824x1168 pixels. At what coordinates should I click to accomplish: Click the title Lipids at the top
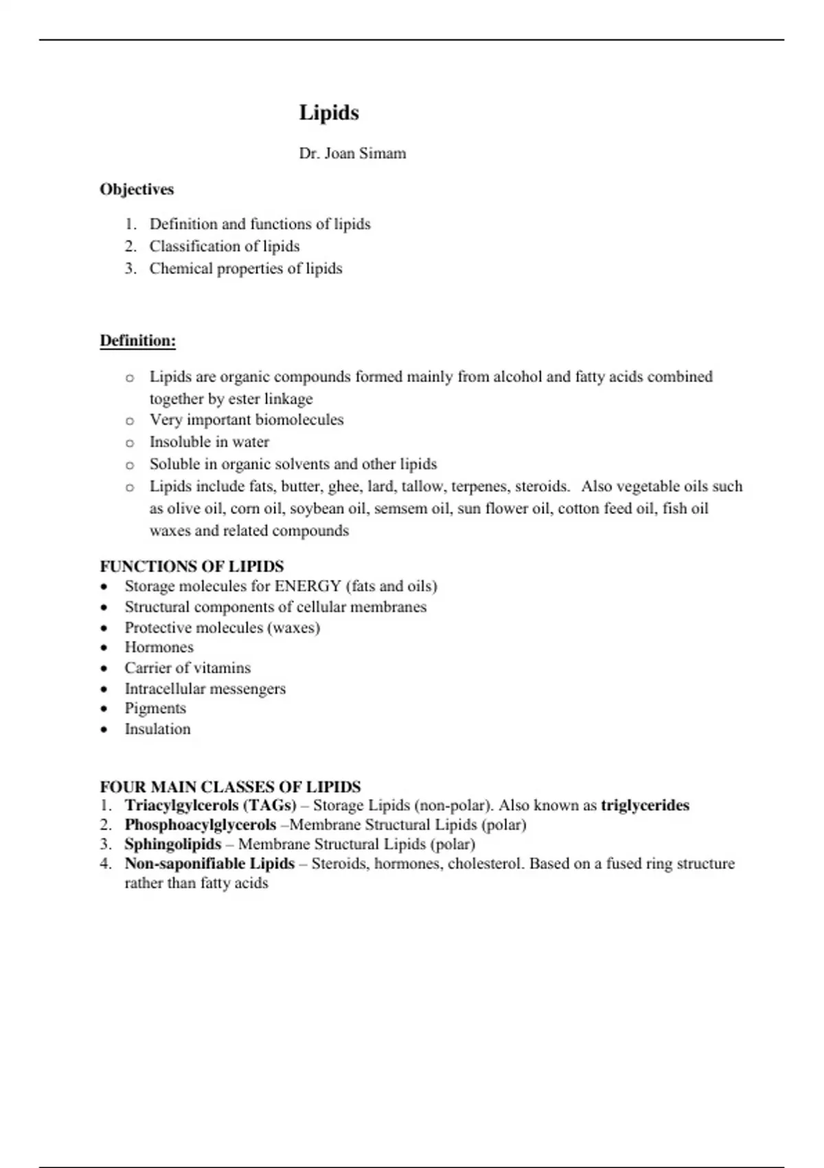(x=329, y=113)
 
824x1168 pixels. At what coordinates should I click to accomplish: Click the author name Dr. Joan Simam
(x=352, y=153)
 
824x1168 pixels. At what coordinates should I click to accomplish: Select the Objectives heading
(x=137, y=189)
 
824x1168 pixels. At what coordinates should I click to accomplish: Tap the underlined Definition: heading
(x=138, y=340)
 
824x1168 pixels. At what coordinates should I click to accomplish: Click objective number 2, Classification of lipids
(x=225, y=246)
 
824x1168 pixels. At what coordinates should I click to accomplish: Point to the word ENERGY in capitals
(x=308, y=586)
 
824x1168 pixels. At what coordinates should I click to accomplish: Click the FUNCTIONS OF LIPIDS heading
(x=192, y=566)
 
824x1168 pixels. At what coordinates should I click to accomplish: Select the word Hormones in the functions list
(x=159, y=647)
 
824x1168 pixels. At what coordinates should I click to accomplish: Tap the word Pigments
(x=155, y=708)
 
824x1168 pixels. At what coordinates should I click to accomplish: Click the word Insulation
(x=157, y=729)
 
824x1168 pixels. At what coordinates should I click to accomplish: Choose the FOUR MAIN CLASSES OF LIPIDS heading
(x=230, y=787)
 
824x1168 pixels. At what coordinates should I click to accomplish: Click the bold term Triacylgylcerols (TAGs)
(x=210, y=805)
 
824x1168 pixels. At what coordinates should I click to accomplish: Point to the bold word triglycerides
(x=645, y=805)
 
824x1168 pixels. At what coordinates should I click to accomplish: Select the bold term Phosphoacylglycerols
(x=201, y=824)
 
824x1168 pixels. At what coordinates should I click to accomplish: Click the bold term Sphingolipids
(x=173, y=844)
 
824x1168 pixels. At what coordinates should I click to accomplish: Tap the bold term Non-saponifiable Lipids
(x=209, y=864)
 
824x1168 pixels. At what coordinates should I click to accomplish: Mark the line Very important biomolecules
(x=247, y=420)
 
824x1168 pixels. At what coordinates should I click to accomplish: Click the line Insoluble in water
(x=209, y=442)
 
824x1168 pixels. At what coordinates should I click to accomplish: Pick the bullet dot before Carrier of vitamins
(x=104, y=668)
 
